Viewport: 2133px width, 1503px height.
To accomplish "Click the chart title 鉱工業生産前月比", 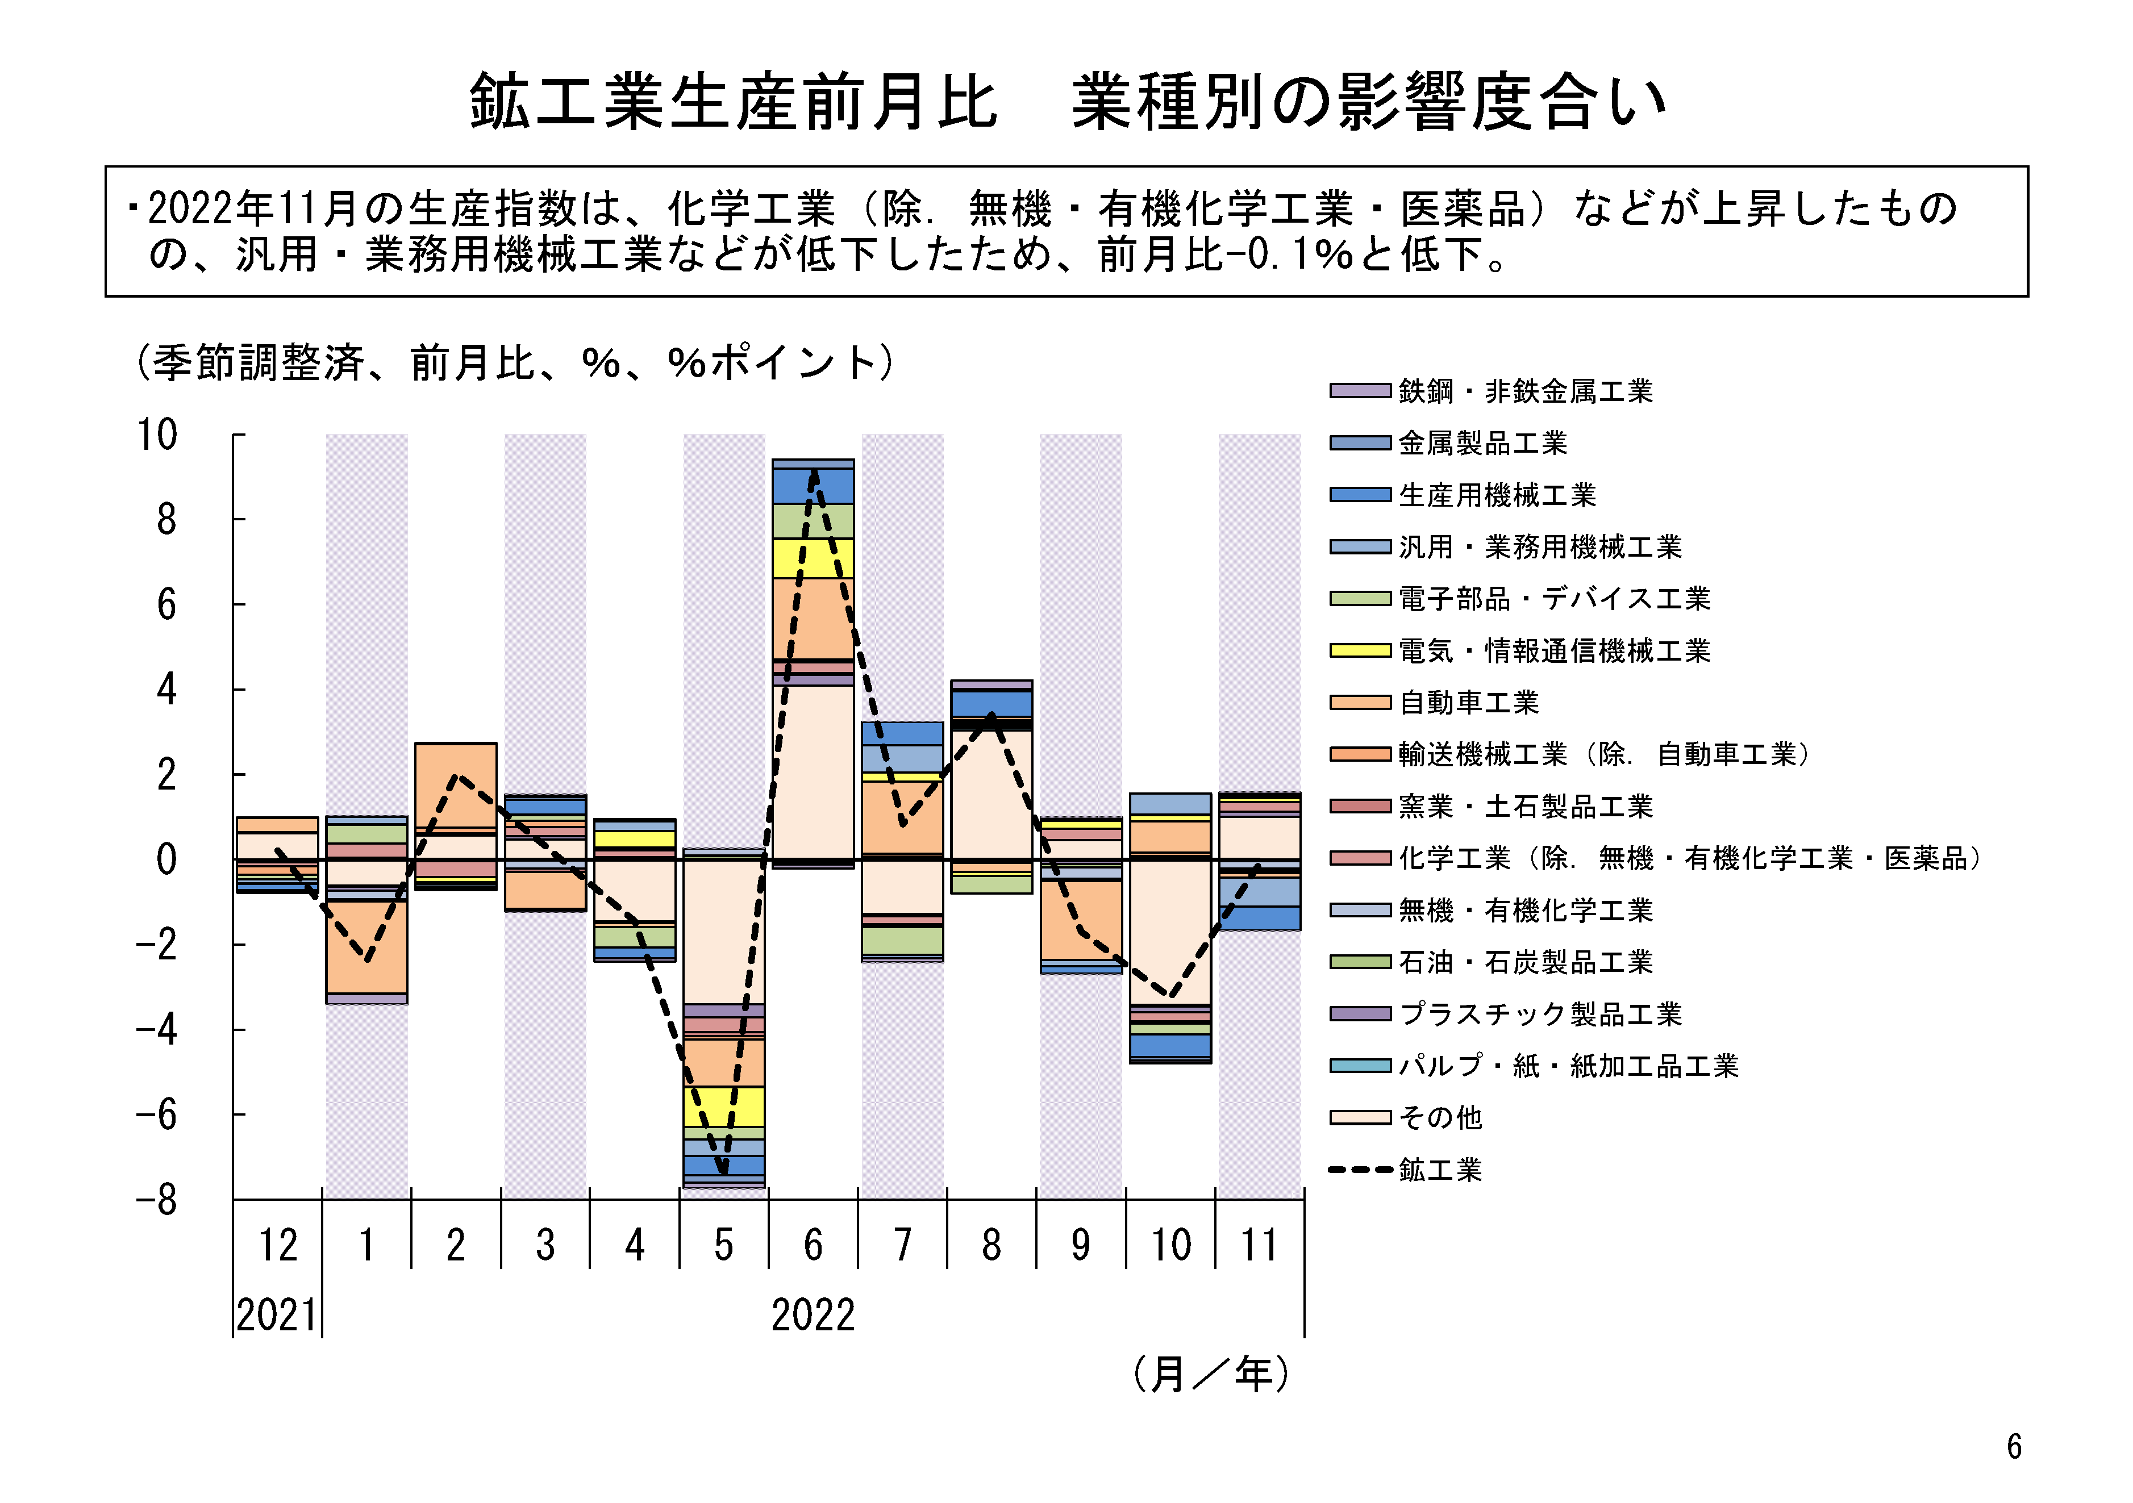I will (x=734, y=102).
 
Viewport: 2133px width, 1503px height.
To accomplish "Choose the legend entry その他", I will (x=1440, y=1117).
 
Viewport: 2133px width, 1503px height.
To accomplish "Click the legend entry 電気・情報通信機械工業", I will (x=1554, y=650).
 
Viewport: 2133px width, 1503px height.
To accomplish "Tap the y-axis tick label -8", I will (x=157, y=1200).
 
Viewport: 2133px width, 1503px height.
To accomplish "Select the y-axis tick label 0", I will (x=166, y=859).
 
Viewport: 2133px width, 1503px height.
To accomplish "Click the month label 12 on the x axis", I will (x=278, y=1246).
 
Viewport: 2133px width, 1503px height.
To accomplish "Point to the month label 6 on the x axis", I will (x=813, y=1246).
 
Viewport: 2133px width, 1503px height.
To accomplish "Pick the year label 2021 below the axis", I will (x=276, y=1316).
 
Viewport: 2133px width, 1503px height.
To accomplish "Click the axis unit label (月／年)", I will (x=1210, y=1374).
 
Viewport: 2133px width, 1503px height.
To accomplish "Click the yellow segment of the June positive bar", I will (x=813, y=558).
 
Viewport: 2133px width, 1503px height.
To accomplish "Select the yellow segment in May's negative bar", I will (x=724, y=1107).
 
